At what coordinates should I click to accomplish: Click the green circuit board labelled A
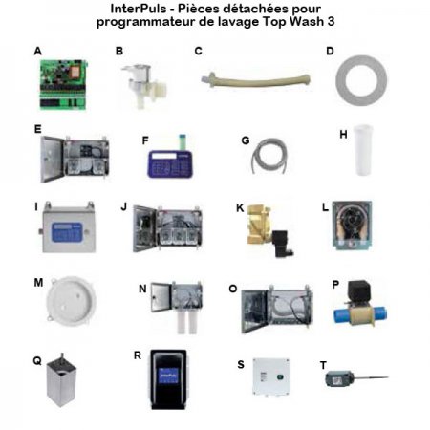coord(63,85)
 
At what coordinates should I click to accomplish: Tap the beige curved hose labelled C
coord(255,80)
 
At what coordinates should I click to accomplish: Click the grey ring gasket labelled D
coord(361,80)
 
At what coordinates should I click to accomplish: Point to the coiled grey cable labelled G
coord(269,156)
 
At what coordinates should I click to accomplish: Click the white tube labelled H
coord(364,150)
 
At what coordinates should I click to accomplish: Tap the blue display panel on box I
coord(67,232)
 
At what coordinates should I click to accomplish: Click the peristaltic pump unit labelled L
coord(352,225)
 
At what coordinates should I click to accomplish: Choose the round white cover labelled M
coord(71,301)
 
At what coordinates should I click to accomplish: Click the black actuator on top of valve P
coord(359,291)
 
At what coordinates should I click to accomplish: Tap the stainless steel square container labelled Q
coord(61,380)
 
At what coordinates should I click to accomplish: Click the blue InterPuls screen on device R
coord(168,377)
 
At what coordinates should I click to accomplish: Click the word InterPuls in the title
coord(139,9)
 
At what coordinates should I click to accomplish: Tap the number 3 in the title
coord(331,22)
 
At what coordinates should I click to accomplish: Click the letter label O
coord(233,289)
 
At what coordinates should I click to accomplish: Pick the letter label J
coord(124,207)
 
